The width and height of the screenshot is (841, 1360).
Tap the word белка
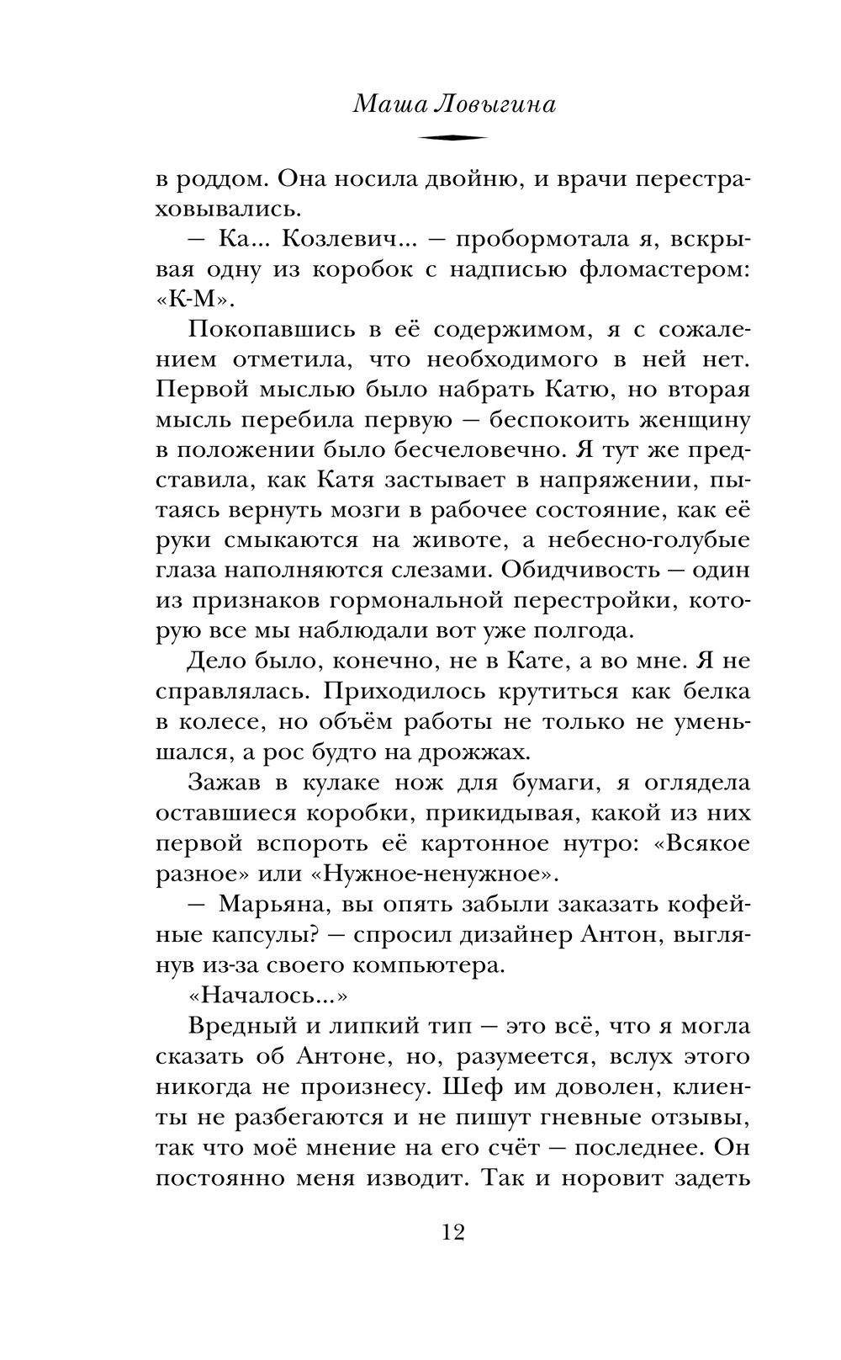point(708,693)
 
